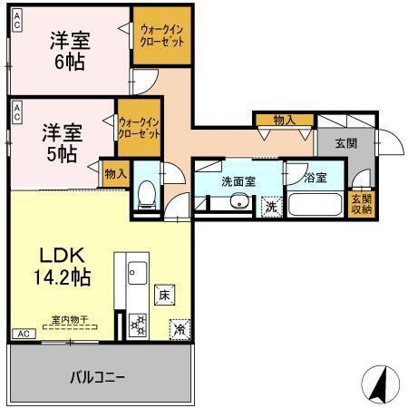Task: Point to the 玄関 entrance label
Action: [x=345, y=142]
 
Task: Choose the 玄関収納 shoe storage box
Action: [x=361, y=204]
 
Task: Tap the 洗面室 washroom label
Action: [x=238, y=181]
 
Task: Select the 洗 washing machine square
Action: [x=270, y=206]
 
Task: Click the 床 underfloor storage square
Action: [x=164, y=295]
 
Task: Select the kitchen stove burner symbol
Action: [x=138, y=322]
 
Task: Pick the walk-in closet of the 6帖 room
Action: [x=162, y=36]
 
